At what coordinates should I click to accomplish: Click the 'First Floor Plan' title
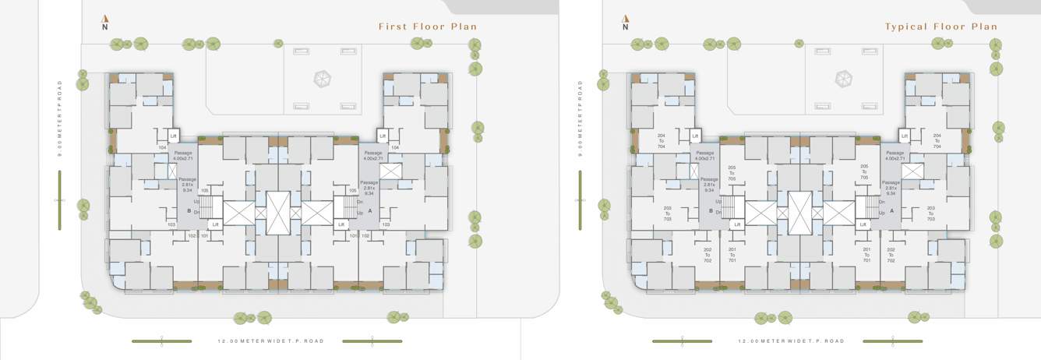[427, 26]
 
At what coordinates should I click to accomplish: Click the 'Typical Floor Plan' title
[940, 26]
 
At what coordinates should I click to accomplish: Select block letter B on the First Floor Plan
[187, 210]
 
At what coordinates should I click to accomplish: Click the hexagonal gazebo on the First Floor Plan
[322, 79]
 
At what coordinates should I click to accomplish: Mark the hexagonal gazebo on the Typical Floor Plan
[842, 79]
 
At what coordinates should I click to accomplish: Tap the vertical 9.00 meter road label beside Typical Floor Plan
[580, 118]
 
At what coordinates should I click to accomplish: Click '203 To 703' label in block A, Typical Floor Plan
[930, 213]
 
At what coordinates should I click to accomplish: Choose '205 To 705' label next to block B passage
[732, 173]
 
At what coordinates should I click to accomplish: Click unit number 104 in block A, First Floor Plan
[395, 147]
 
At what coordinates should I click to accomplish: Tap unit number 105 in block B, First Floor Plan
[204, 190]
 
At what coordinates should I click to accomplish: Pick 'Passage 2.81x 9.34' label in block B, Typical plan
[708, 185]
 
